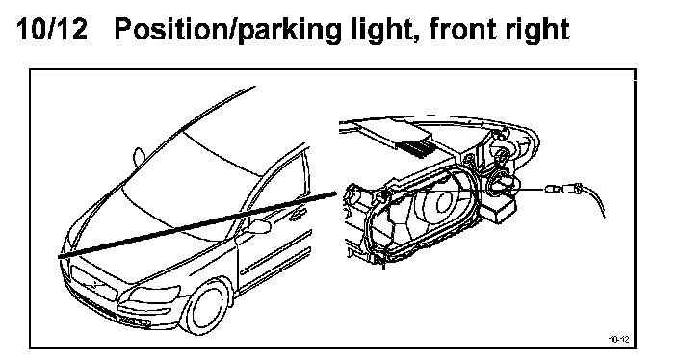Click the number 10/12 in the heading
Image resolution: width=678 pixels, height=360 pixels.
point(51,29)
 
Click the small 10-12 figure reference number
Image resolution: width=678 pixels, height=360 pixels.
point(618,339)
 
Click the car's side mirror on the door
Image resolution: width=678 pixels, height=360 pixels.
point(258,226)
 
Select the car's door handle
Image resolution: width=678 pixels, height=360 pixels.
point(298,213)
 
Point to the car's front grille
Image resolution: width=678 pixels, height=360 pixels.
point(93,283)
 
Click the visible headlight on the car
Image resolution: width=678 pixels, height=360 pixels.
point(154,295)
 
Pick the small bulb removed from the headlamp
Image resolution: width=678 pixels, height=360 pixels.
point(551,189)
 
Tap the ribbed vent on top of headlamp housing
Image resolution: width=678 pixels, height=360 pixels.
point(416,148)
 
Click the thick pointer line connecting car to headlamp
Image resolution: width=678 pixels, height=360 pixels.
point(197,224)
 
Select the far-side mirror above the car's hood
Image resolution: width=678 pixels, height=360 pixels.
point(140,157)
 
